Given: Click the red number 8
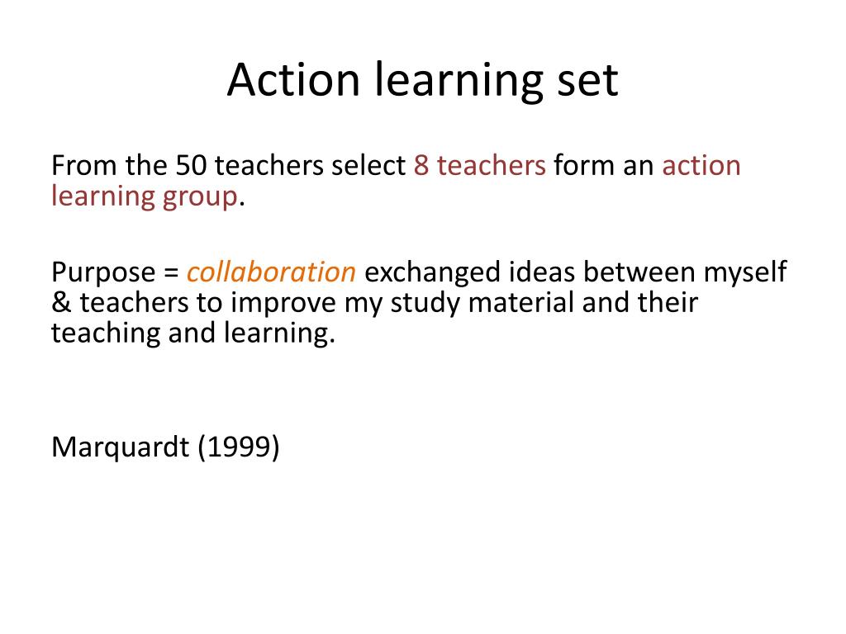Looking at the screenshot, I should pyautogui.click(x=421, y=166).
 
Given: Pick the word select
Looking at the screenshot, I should pyautogui.click(x=368, y=166).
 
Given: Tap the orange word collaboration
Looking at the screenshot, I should pyautogui.click(x=271, y=272).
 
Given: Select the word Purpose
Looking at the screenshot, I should pyautogui.click(x=103, y=272).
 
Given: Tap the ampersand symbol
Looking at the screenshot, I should pyautogui.click(x=61, y=303).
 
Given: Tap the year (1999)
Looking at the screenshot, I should pyautogui.click(x=238, y=447).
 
